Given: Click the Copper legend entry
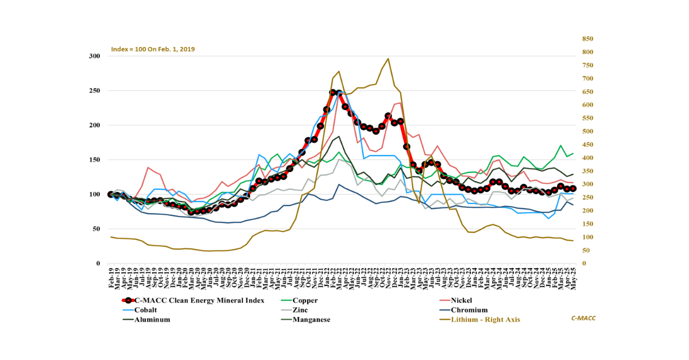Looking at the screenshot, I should (x=305, y=300).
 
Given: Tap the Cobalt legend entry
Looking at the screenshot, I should (x=147, y=310).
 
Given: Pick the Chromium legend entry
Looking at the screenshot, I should (x=469, y=310).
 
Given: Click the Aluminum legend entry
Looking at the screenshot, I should (x=152, y=320).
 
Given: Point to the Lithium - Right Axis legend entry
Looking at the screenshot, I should (x=485, y=320).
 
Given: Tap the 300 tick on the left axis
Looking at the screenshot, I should (x=95, y=56).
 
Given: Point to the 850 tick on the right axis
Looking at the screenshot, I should (x=587, y=39).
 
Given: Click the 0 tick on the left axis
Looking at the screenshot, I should (x=99, y=264).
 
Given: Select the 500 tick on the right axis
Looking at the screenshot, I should (x=587, y=131).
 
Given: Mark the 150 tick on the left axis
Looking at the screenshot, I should (x=95, y=160).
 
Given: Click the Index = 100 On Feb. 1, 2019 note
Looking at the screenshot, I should (x=153, y=49).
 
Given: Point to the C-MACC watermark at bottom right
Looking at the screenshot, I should (x=583, y=318).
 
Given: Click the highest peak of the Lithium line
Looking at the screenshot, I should (x=388, y=59).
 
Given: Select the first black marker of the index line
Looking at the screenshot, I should (x=111, y=195).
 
